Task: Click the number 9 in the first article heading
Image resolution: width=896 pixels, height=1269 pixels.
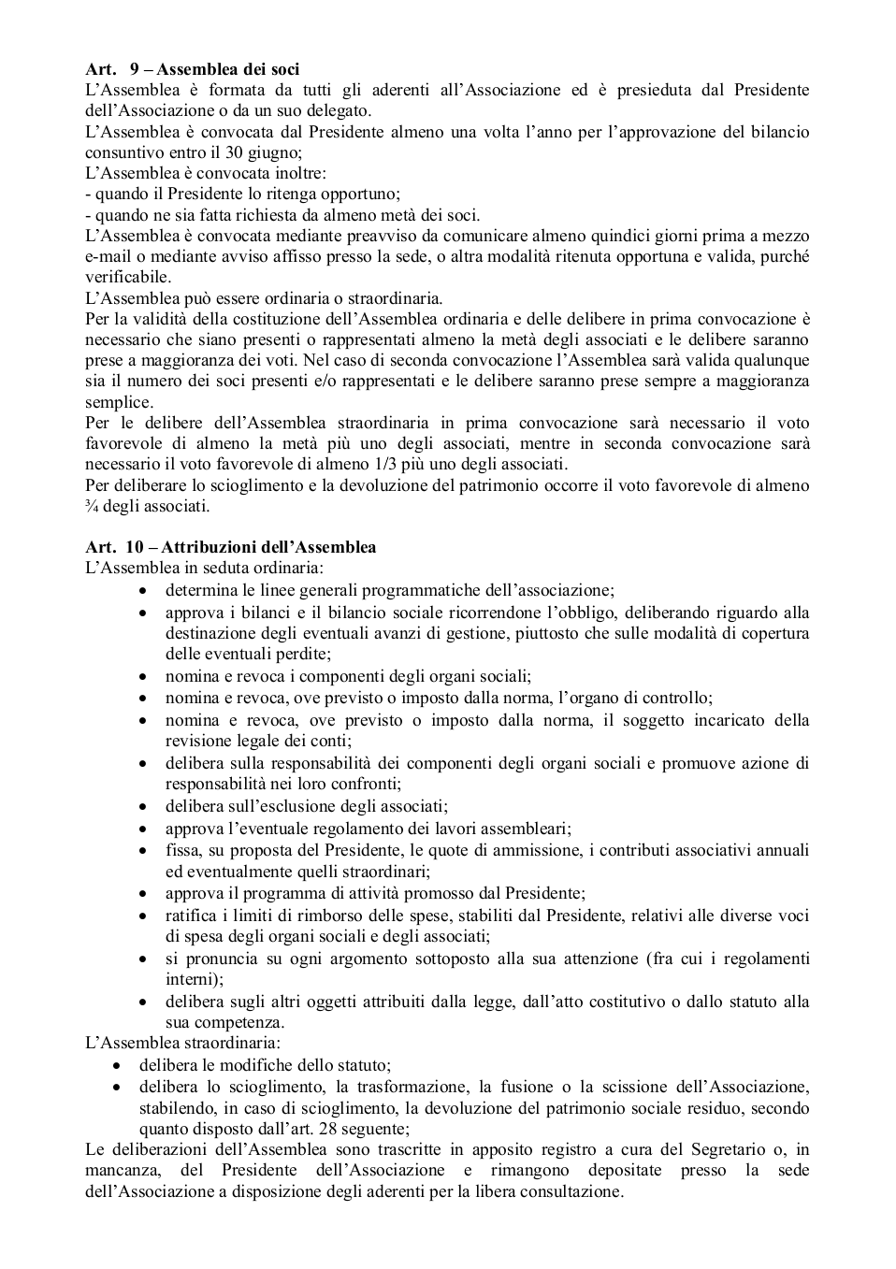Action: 134,69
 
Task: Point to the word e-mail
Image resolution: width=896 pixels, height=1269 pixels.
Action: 107,256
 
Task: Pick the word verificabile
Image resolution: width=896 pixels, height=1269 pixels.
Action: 127,278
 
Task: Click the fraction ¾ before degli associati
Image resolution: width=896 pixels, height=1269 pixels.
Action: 91,507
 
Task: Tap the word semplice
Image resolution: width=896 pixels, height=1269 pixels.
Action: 118,402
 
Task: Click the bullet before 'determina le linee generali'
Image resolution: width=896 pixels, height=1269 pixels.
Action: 142,591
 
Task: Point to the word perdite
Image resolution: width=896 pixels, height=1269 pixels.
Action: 301,654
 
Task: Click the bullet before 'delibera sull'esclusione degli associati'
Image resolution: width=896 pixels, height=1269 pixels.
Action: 142,806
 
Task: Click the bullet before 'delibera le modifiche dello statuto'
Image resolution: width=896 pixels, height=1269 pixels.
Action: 116,1065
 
